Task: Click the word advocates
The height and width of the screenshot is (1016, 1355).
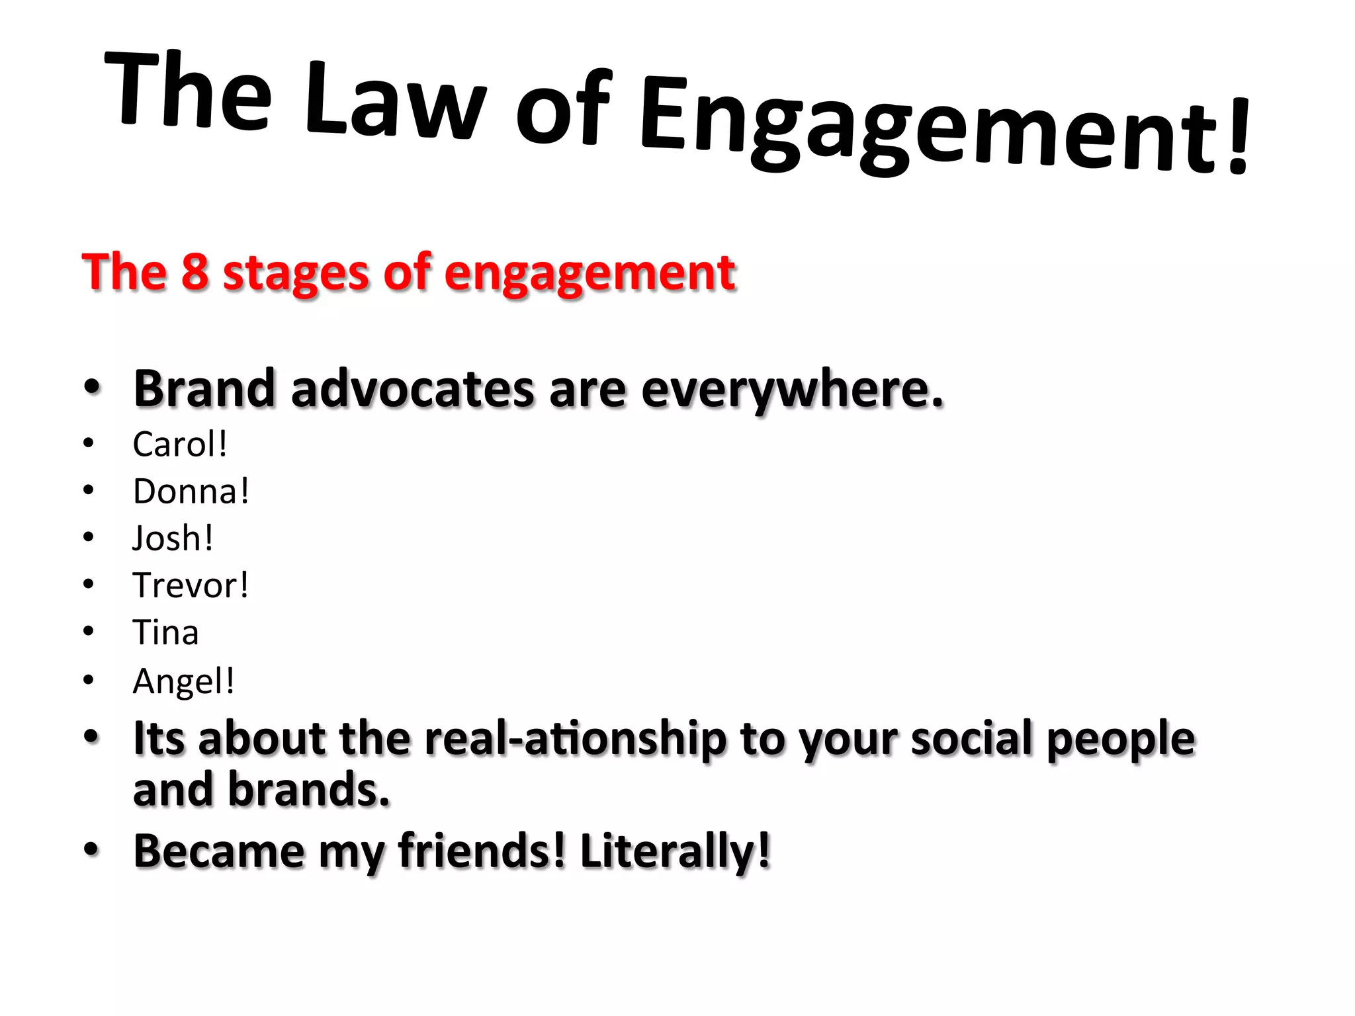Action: [412, 389]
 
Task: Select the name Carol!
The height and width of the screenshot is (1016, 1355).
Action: [180, 444]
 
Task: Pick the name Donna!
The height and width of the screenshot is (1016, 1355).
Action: [191, 491]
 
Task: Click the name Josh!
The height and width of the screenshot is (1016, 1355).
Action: [173, 538]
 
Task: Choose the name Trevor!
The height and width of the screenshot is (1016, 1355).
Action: [191, 585]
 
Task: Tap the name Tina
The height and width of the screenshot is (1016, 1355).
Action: [165, 632]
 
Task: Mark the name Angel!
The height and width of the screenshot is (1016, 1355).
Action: [183, 681]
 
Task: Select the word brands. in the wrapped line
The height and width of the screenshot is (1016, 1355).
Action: [309, 790]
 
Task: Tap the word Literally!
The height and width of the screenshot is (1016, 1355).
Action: [676, 851]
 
